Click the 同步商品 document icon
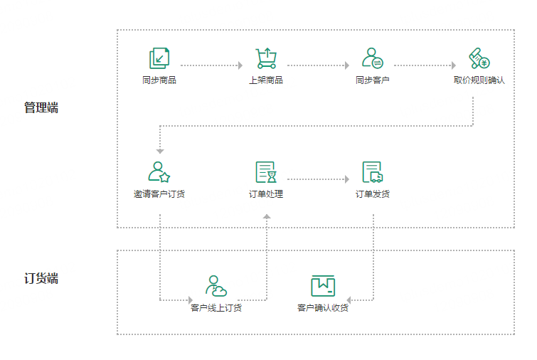159,58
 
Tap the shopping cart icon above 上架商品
266,58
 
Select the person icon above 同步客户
373,58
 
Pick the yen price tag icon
479,58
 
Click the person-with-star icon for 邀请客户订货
159,172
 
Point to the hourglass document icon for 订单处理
266,172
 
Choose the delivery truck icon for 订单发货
373,172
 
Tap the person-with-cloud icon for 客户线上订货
216,286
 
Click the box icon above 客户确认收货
323,286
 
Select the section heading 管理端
41,107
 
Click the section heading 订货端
41,278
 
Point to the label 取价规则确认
479,80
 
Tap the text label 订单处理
266,194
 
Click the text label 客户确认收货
323,307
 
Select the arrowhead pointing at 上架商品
240,65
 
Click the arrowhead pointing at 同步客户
347,65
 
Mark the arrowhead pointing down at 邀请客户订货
160,151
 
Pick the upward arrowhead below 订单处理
267,216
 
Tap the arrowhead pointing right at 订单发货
347,179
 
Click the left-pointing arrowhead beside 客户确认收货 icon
349,300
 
